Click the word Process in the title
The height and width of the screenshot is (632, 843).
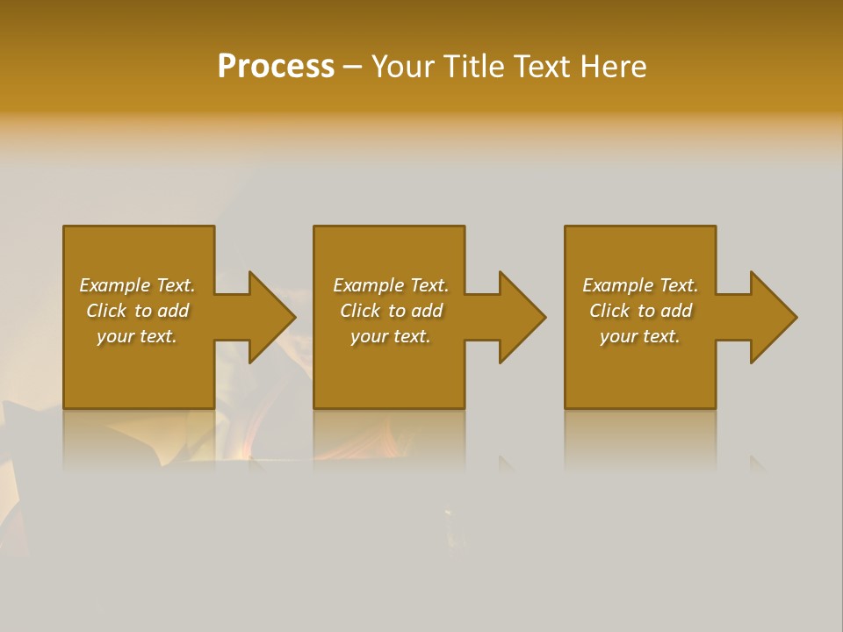pos(276,67)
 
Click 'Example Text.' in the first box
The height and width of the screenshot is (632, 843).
pos(137,285)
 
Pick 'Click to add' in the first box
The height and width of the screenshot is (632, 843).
pos(137,311)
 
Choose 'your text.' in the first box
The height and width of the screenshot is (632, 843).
pos(137,336)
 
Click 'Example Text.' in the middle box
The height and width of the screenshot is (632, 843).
pos(391,285)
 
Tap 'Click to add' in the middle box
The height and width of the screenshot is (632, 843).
pos(391,311)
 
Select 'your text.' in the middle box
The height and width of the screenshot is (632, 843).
pos(391,336)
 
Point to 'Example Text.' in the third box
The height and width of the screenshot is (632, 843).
pos(640,285)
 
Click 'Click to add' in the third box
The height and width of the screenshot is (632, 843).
pos(640,311)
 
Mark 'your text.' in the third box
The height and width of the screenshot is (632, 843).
pos(640,336)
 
